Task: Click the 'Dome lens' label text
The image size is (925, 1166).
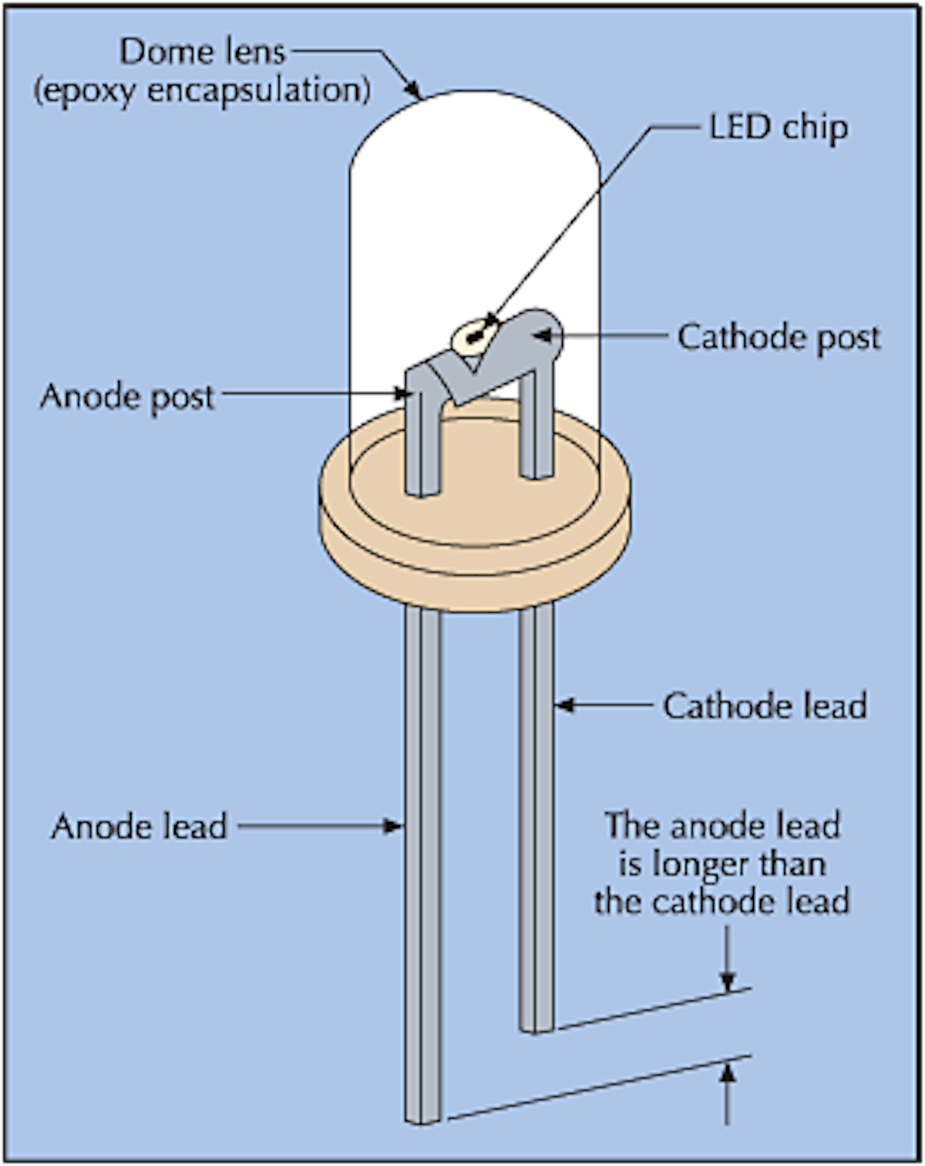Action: (x=202, y=52)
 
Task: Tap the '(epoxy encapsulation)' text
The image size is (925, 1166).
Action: (x=202, y=90)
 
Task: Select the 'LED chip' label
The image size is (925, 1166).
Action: (x=778, y=128)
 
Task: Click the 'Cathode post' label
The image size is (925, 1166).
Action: (x=779, y=338)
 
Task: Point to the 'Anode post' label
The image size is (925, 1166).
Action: (x=127, y=396)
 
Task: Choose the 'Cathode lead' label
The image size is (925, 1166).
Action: (x=765, y=706)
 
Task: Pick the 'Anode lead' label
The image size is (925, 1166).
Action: (x=139, y=827)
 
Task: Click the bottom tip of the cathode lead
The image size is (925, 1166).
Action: (x=536, y=1027)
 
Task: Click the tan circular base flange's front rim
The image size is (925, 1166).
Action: (x=474, y=571)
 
